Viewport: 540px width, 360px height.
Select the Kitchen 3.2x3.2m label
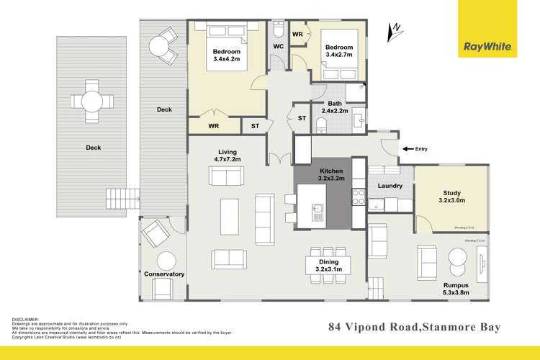(x=321, y=173)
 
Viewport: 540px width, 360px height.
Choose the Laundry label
(x=390, y=186)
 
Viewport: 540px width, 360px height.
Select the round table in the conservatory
(x=167, y=261)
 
